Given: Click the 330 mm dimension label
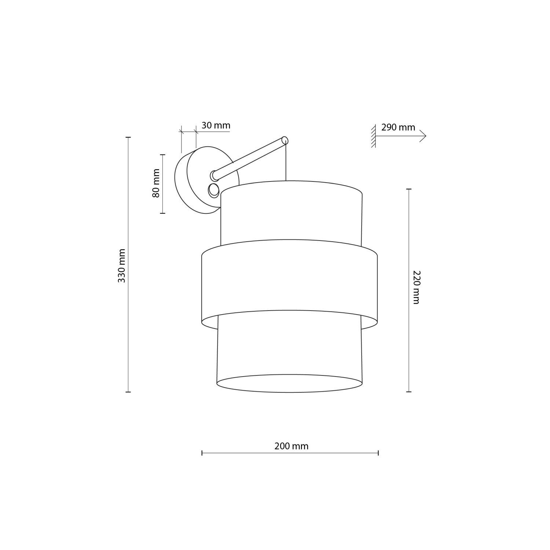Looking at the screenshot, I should tap(122, 265).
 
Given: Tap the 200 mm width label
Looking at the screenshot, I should tap(291, 446).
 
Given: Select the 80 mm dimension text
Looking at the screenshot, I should tap(157, 183).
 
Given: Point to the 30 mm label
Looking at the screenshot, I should tap(216, 125).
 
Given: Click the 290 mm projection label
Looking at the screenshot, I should tap(398, 127).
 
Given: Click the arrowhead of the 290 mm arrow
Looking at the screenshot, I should tap(423, 136).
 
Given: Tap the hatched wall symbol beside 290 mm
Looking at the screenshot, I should tap(373, 136).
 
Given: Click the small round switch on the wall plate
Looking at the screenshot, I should tap(213, 191).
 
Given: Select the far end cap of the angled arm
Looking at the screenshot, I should tap(285, 140).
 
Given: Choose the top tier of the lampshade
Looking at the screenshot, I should tap(291, 216).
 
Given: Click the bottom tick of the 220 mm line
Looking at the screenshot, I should tap(409, 392).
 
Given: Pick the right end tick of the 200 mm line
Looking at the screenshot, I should tap(378, 453).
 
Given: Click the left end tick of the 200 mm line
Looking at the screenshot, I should tap(202, 453).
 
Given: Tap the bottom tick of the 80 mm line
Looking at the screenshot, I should tap(162, 213).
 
